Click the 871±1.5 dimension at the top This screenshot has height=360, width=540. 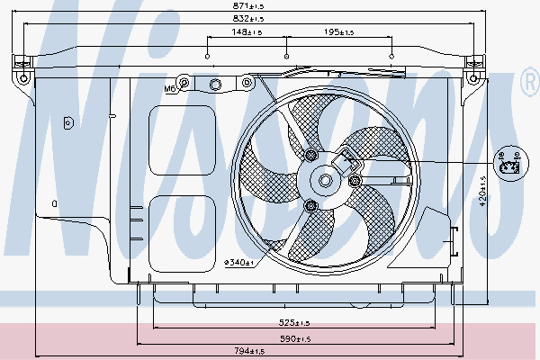click(x=251, y=6)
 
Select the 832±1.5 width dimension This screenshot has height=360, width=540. click(x=250, y=19)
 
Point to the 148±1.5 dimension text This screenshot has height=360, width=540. click(x=246, y=31)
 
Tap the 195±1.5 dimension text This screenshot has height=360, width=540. click(x=339, y=31)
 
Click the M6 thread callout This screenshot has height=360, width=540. click(x=169, y=88)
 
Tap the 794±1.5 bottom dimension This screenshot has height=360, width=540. click(x=250, y=351)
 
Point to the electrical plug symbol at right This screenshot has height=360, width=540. click(x=509, y=163)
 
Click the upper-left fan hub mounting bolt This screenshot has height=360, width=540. click(x=311, y=157)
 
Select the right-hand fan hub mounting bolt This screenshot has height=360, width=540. click(x=355, y=182)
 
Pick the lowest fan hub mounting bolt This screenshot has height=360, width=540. click(x=311, y=206)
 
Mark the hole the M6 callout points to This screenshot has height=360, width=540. click(x=184, y=85)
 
